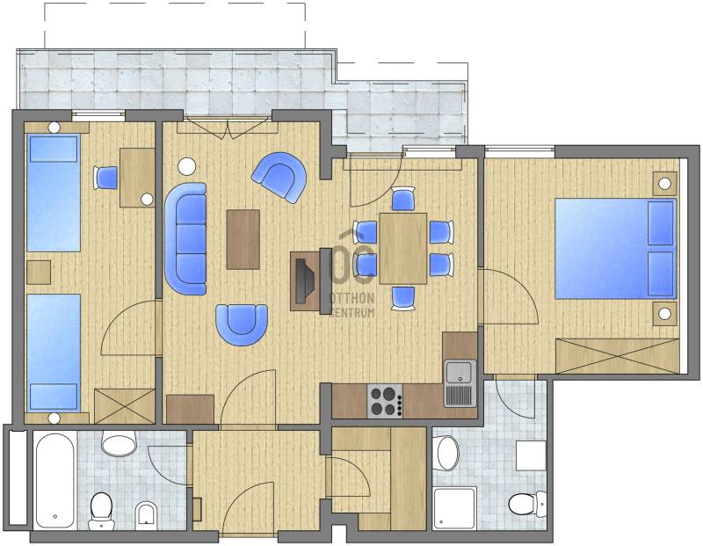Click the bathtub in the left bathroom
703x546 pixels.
54,480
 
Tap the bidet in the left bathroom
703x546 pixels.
146,514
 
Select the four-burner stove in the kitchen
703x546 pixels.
385,401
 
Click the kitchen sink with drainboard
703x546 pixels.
460,383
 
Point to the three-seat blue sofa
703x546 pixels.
186,238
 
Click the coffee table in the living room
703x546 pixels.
243,239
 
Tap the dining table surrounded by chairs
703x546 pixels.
403,248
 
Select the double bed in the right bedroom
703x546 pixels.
616,249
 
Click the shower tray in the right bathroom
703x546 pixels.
455,508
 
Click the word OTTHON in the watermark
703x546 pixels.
351,298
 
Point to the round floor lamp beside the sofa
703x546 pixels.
187,167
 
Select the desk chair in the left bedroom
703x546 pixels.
105,178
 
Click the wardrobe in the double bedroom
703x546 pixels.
618,356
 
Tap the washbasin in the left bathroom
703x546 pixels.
119,443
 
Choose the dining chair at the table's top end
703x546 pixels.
403,199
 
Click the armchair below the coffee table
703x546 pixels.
242,324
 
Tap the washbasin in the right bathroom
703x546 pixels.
447,453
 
